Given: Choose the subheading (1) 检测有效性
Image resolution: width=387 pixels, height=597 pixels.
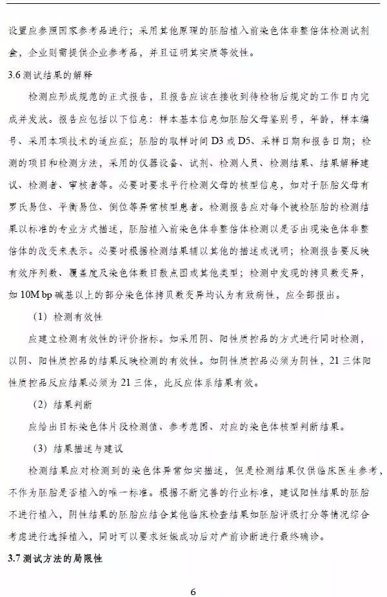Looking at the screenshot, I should pos(68,318).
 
